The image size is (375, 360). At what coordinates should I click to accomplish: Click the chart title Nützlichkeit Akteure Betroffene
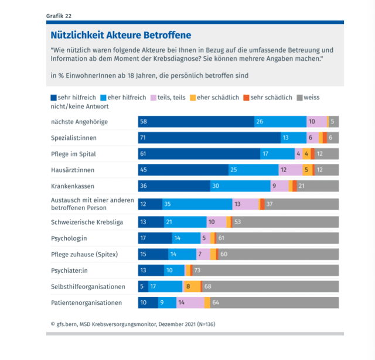coord(120,36)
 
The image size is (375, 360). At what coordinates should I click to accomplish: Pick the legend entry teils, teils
coord(171,97)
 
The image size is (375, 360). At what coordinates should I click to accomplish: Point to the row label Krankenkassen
coord(73,186)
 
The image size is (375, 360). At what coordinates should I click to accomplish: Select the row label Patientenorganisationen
coord(87,303)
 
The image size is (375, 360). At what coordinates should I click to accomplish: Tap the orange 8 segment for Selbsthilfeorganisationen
coord(191,287)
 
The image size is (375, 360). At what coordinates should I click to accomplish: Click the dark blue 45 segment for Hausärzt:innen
coord(183,170)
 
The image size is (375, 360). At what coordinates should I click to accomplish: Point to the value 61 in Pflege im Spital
coord(143,154)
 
